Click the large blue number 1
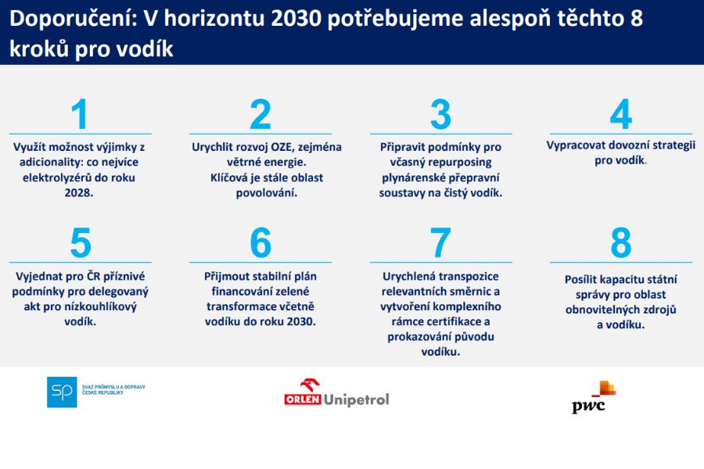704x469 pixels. pos(80,115)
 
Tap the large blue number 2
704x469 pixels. pos(260,115)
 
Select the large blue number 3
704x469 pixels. pos(440,115)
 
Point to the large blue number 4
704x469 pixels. pos(620,115)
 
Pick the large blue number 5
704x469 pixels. pos(80,244)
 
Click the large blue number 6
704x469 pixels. pos(260,244)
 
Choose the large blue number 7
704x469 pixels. pos(440,244)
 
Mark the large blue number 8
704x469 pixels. pos(620,244)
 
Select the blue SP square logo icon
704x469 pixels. pos(62,392)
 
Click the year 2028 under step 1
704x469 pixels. pos(79,193)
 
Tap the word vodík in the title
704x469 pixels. pos(145,48)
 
